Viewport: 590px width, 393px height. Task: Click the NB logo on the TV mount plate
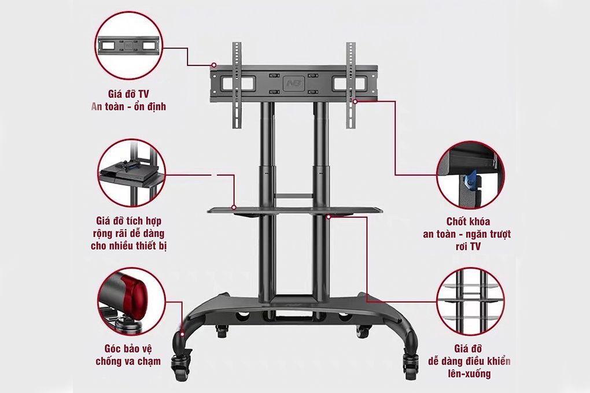point(290,83)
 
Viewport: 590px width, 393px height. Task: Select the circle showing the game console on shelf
point(132,172)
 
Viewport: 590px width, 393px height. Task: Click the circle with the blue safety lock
point(470,175)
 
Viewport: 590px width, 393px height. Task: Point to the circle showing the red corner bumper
point(132,301)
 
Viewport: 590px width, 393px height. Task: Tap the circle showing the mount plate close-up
point(128,45)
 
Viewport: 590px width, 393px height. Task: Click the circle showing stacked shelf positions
point(470,301)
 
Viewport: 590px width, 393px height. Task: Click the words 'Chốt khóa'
point(469,222)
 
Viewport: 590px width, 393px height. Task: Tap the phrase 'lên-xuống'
point(471,374)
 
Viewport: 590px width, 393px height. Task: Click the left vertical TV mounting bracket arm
point(236,87)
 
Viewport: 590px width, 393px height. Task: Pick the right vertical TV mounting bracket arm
point(351,87)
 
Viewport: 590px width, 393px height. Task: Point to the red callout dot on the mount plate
point(213,65)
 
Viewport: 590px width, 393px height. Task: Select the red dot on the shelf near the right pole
point(328,216)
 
